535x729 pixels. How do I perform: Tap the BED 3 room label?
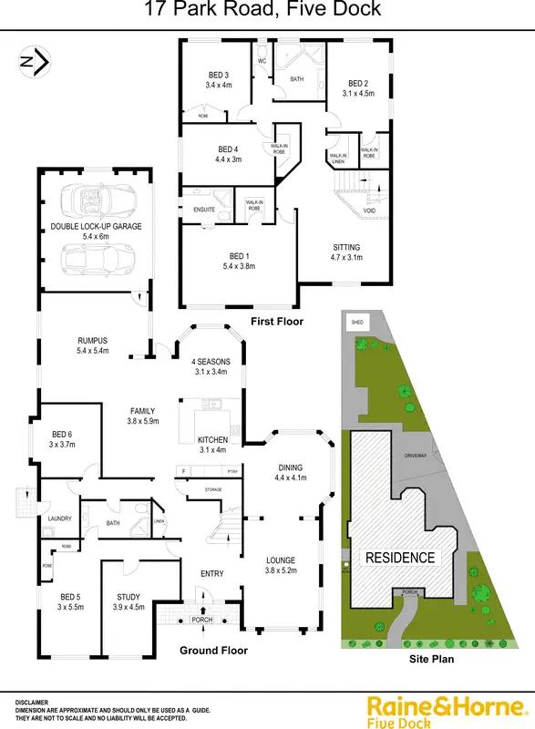point(219,75)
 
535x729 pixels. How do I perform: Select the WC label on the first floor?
point(262,61)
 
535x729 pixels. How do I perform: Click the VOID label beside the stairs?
point(369,210)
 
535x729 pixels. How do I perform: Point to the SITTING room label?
point(346,247)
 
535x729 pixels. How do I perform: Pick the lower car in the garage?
point(90,262)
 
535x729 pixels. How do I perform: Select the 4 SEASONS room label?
point(211,362)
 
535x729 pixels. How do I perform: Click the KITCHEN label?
point(211,440)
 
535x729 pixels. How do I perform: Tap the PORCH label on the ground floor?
point(201,620)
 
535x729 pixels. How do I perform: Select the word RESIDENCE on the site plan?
point(401,557)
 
